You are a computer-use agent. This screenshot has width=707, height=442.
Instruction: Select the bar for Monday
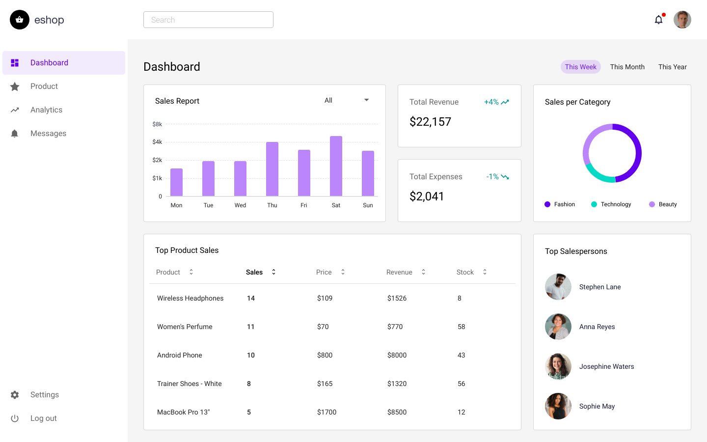(x=176, y=182)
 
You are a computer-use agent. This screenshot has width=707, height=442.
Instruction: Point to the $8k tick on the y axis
(x=157, y=124)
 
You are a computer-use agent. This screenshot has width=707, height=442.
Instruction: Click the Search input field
(x=208, y=20)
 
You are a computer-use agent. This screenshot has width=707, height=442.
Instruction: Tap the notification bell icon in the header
(x=658, y=20)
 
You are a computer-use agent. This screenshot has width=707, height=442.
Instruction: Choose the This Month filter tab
(x=627, y=67)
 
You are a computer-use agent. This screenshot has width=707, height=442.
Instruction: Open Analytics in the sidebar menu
(x=46, y=110)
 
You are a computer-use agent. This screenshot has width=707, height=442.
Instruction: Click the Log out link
(x=43, y=418)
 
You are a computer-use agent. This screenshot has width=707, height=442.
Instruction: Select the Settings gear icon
(x=15, y=395)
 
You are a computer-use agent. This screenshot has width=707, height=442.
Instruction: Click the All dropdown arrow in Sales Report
(x=366, y=100)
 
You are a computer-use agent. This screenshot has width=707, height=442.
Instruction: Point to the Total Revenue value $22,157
(x=430, y=122)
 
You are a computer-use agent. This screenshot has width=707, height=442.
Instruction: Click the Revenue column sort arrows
(x=423, y=272)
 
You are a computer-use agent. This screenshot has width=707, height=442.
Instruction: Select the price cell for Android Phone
(x=325, y=355)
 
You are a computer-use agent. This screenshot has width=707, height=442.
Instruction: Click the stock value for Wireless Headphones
(x=460, y=298)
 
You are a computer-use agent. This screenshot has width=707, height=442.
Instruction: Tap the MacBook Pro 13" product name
(x=183, y=412)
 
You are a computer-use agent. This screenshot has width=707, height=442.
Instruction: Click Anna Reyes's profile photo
(x=558, y=327)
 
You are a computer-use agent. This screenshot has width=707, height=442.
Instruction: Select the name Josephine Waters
(x=606, y=366)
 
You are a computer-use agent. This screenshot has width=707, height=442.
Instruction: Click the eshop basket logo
(x=20, y=20)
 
